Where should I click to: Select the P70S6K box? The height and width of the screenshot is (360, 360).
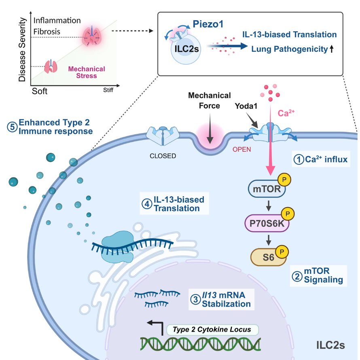[266, 222]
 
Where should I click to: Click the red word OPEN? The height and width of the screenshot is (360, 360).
[242, 149]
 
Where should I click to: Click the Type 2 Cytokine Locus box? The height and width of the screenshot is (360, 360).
[212, 329]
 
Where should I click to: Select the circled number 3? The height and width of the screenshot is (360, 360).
[195, 299]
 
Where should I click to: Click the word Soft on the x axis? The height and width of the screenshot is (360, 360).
[40, 91]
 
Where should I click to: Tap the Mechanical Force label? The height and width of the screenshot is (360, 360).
[209, 100]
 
